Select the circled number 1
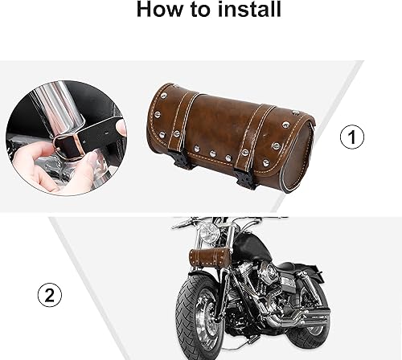coord(352,138)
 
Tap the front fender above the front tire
coord(193,277)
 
